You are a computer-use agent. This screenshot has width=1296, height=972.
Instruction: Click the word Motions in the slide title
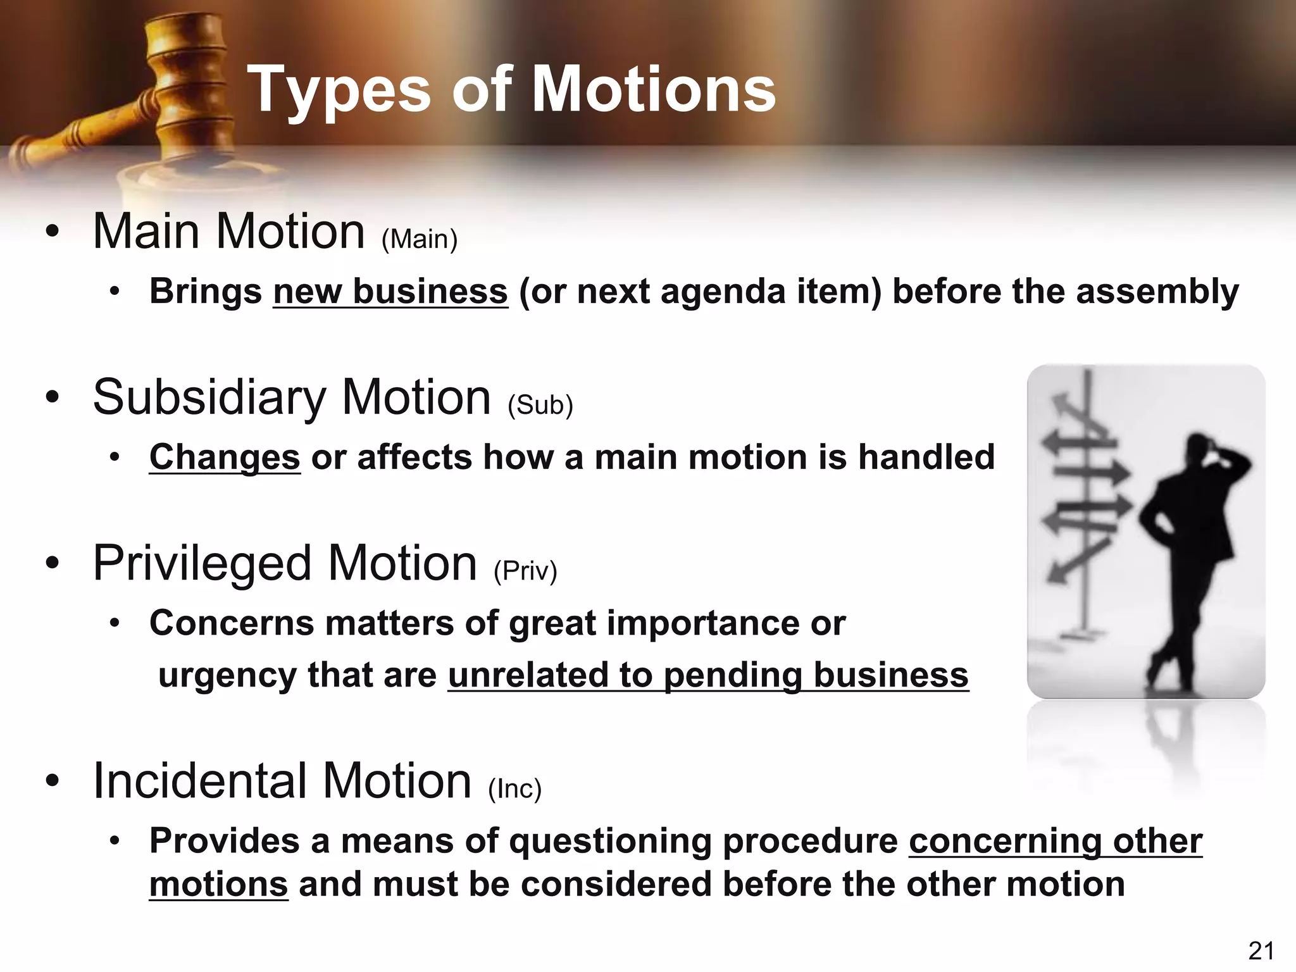click(654, 90)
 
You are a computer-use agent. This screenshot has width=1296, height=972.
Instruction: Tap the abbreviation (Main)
click(420, 239)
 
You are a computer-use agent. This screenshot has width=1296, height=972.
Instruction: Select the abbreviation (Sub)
click(540, 405)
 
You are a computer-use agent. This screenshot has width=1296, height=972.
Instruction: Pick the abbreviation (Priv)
click(525, 571)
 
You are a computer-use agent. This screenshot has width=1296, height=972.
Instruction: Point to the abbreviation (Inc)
click(515, 788)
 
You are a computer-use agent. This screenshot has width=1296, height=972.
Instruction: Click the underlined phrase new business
click(390, 292)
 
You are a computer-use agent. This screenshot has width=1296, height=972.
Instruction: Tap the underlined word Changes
click(225, 458)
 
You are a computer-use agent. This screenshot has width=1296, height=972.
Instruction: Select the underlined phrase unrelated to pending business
click(708, 675)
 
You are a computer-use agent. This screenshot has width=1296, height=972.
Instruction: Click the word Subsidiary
click(209, 397)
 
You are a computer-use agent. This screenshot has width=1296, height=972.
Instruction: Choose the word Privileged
click(202, 563)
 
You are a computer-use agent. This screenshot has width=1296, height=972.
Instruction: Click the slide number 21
click(1261, 950)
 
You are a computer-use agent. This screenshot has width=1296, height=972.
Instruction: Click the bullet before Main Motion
click(53, 232)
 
